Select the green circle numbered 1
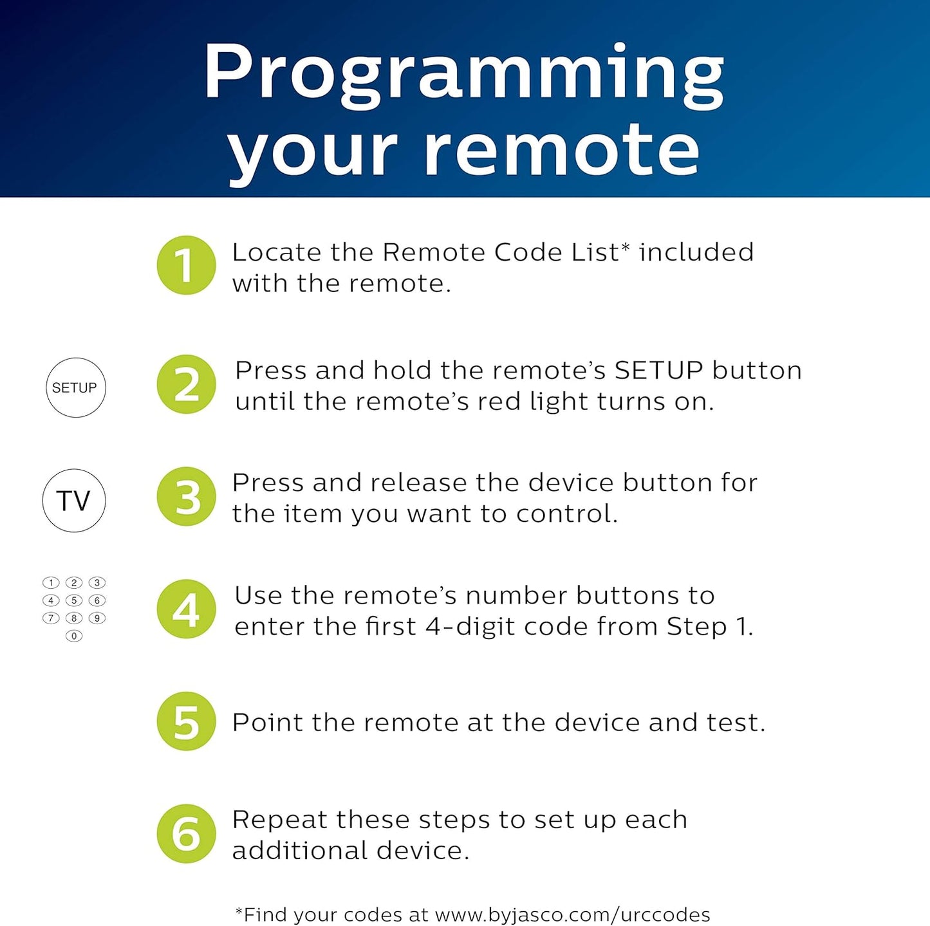coord(186,265)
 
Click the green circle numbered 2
coord(186,384)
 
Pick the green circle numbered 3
coord(186,496)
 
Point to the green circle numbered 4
coord(186,609)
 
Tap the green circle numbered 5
coord(186,721)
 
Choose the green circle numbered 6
coord(186,833)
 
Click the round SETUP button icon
coord(75,387)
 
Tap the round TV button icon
coord(74,500)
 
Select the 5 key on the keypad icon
coord(74,600)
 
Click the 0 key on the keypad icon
coord(74,636)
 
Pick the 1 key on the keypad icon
coord(51,583)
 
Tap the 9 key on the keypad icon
coord(97,618)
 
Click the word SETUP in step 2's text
coord(658,371)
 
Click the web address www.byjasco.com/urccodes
coord(572,914)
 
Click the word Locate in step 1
coord(275,252)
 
